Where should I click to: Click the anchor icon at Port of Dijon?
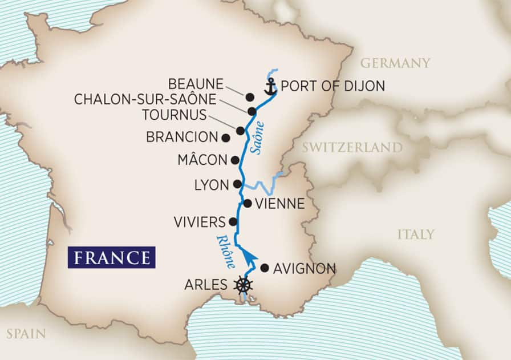pos(270,87)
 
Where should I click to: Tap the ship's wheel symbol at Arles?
pos(244,284)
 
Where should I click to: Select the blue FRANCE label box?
pos(111,257)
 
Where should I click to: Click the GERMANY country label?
pos(395,63)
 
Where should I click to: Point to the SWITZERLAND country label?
pos(352,148)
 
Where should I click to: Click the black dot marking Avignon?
pos(264,268)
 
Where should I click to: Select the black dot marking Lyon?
pos(237,184)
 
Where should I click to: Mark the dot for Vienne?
pos(247,203)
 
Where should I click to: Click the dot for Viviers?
pos(232,221)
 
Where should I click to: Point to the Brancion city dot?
pos(225,137)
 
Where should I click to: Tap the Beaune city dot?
pos(249,96)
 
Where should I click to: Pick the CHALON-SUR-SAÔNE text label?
pos(145,100)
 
